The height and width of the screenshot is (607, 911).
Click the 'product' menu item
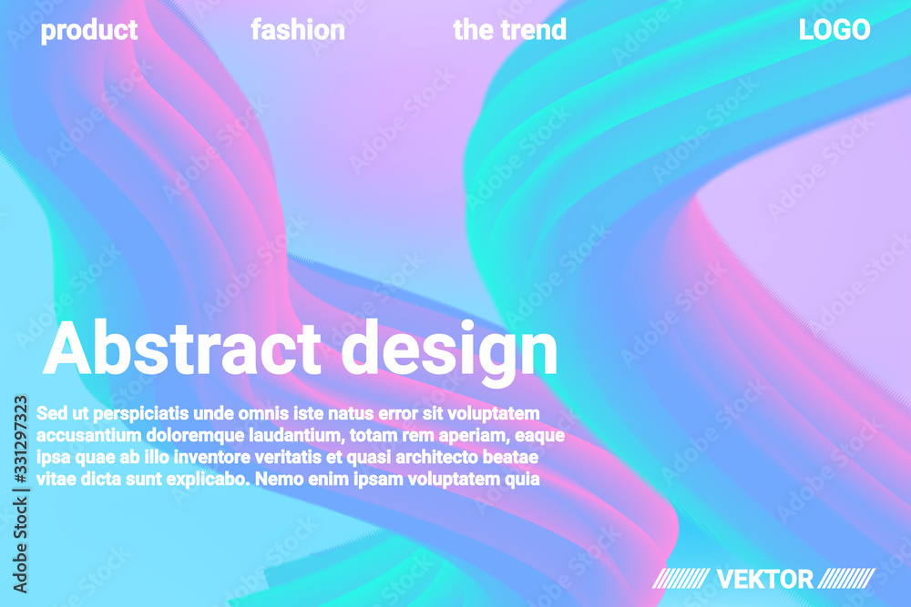89,31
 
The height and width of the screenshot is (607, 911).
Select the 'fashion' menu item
298,30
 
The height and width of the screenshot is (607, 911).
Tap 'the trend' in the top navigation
509,30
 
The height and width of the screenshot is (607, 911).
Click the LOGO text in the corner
834,30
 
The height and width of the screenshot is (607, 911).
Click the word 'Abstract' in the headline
182,348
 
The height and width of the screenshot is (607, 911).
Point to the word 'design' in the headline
449,351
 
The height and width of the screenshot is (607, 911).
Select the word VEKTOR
764,579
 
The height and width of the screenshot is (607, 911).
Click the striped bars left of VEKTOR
681,579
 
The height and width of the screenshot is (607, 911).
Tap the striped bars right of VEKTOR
846,579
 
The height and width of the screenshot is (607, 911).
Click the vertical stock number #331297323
20,440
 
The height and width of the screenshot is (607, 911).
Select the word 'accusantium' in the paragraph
89,436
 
